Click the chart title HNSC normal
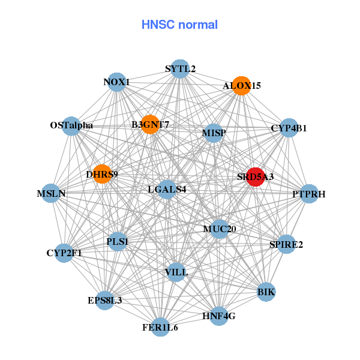pos(179,25)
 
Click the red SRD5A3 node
pos(256,176)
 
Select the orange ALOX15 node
pos(241,86)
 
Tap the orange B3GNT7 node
pos(150,124)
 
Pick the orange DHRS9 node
pos(102,175)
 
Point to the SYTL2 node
pos(180,68)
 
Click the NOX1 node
pos(116,82)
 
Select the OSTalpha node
pos(71,125)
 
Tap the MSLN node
pos(51,193)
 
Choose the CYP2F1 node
pos(64,253)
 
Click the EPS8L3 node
pos(104,300)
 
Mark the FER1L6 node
pos(160,327)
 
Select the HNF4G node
pos(218,316)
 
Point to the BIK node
pos(266,292)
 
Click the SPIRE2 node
pos(286,244)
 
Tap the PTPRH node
pos(309,194)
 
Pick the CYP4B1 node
pos(289,128)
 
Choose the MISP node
pos(214,132)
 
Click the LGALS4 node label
pos(167,190)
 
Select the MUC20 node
pos(220,229)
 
